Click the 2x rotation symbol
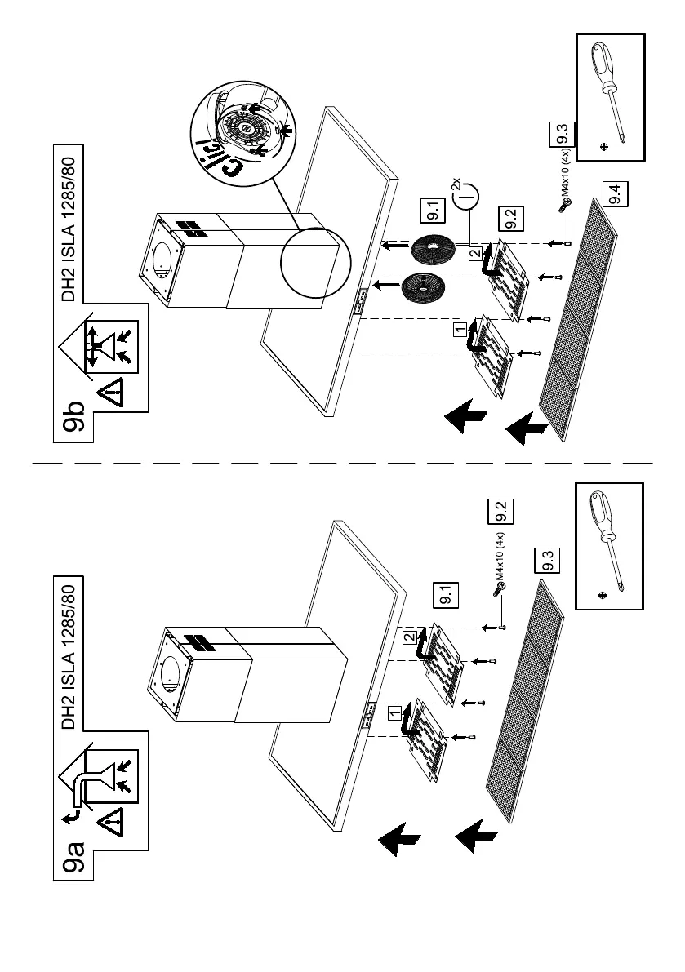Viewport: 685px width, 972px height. click(465, 194)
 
